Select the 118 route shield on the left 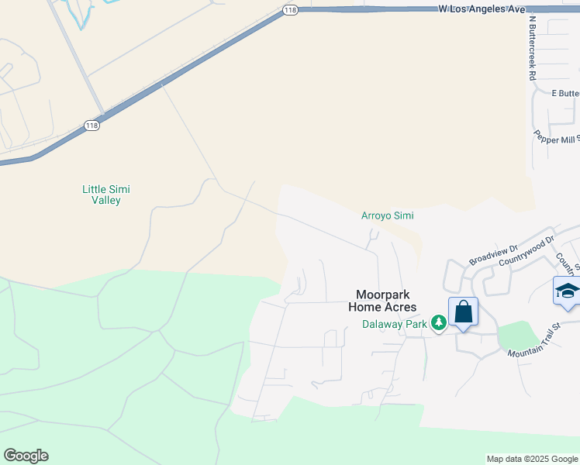(92, 126)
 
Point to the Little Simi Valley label (102, 195)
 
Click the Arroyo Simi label (387, 215)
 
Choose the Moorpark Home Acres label (386, 301)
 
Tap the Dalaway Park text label (395, 324)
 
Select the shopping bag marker (463, 312)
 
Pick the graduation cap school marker (567, 291)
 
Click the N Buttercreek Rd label (532, 48)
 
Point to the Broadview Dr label (492, 255)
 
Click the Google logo (26, 456)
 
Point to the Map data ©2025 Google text (532, 459)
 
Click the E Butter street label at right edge (565, 94)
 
